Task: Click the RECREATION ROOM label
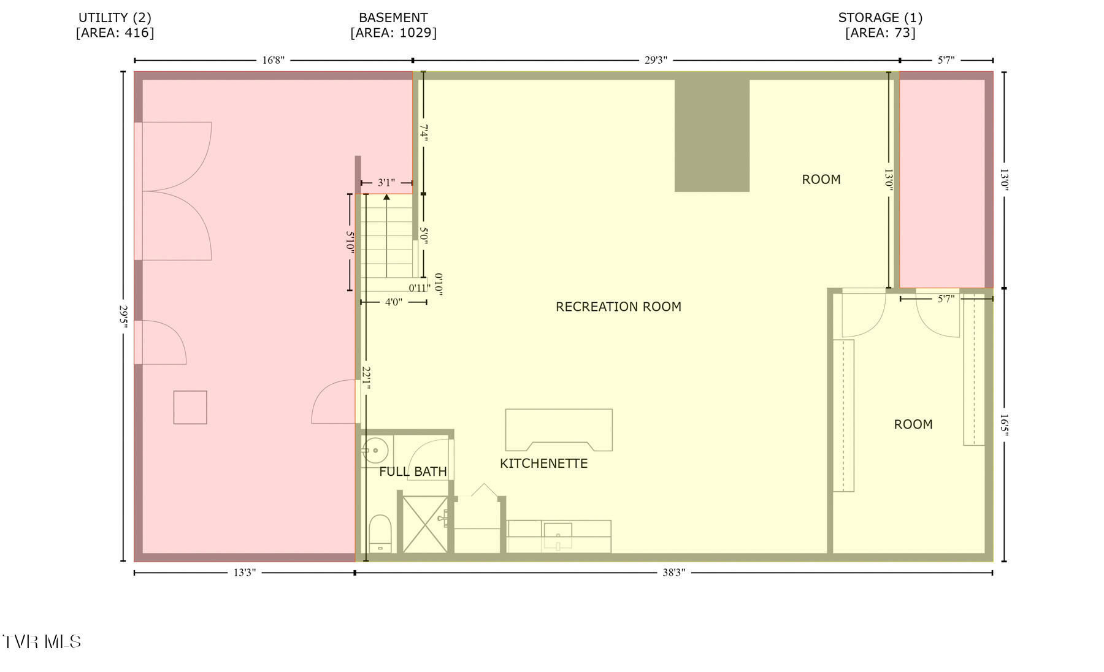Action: pos(618,307)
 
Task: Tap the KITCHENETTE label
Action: pos(543,464)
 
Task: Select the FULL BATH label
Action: pos(413,472)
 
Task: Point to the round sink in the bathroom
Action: pos(375,451)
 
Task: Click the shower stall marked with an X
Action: pos(424,524)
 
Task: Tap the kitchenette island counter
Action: pos(559,430)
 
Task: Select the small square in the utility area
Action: pos(190,407)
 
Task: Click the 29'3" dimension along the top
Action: pos(656,60)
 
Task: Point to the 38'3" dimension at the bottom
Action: pos(673,573)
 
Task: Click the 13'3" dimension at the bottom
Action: pos(244,573)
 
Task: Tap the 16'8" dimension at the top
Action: pos(273,60)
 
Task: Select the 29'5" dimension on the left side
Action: pos(124,316)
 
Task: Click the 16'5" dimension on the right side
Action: pos(1004,425)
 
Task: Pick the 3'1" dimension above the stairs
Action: pos(386,183)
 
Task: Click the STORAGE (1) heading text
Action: pos(880,18)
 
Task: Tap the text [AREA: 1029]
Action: pos(393,32)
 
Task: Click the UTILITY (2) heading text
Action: pos(115,18)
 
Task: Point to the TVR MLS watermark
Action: pos(41,642)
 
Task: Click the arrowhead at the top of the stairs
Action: pos(386,197)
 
